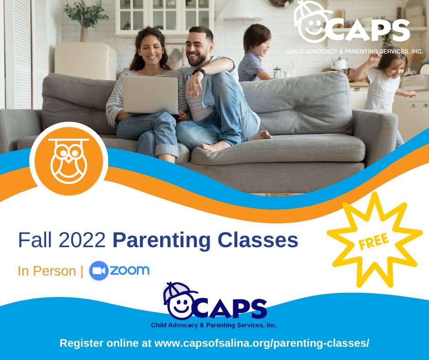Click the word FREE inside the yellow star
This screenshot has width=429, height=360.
(x=373, y=242)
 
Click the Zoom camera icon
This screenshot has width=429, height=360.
(x=99, y=270)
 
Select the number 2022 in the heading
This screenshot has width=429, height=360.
(x=82, y=240)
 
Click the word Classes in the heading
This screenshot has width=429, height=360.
(x=258, y=240)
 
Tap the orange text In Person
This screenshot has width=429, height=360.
(x=47, y=271)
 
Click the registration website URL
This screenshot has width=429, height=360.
(x=262, y=343)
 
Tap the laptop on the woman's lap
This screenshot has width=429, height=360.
(x=150, y=95)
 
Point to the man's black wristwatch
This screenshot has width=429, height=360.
(x=199, y=72)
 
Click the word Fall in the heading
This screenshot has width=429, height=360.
(x=35, y=240)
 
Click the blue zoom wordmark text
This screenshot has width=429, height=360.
(x=130, y=270)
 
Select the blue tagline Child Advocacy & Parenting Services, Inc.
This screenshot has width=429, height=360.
(x=214, y=325)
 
